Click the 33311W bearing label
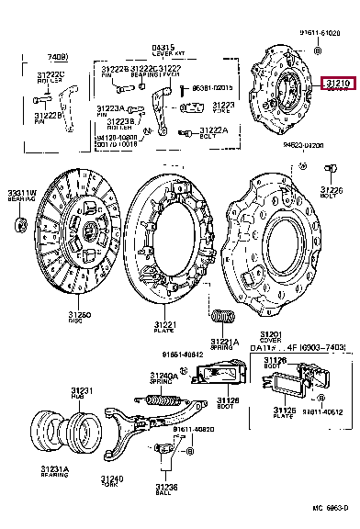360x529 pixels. point(22,195)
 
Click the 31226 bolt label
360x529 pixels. point(332,191)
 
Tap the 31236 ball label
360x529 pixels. point(164,489)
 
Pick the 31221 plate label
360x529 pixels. point(165,327)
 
